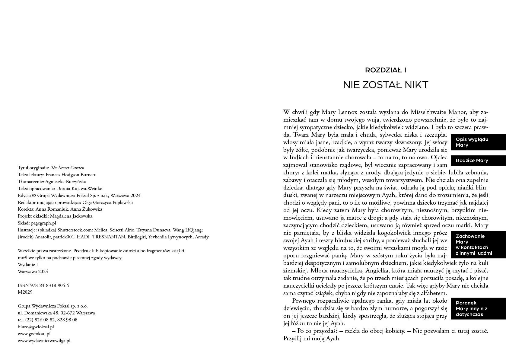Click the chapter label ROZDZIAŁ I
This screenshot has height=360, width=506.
(x=385, y=70)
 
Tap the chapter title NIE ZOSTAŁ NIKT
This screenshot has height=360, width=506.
(x=385, y=85)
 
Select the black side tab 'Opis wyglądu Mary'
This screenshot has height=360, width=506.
(x=478, y=142)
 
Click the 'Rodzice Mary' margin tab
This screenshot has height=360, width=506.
(x=478, y=161)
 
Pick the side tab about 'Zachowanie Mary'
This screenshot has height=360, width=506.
(x=478, y=245)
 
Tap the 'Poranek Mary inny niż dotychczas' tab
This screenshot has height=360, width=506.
(x=478, y=308)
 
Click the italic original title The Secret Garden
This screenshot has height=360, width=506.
(x=67, y=168)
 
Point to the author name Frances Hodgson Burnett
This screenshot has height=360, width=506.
(x=70, y=175)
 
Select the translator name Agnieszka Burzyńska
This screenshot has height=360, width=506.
(x=65, y=182)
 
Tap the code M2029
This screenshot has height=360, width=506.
(x=25, y=292)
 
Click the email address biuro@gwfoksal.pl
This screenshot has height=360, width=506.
(x=36, y=327)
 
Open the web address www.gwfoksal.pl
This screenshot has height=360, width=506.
(x=34, y=334)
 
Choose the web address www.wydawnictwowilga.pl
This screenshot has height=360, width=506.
(x=44, y=341)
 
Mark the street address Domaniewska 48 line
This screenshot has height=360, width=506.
(x=56, y=313)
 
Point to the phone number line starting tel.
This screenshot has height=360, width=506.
(x=47, y=320)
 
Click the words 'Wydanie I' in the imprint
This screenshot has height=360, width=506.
(x=28, y=265)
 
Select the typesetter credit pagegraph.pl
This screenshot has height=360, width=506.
(x=43, y=223)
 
